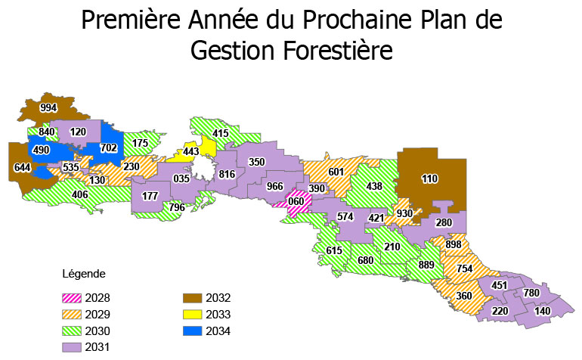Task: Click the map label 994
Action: pyautogui.click(x=48, y=109)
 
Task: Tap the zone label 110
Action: pyautogui.click(x=430, y=179)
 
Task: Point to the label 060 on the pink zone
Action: pyautogui.click(x=296, y=201)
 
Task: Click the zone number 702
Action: pyautogui.click(x=109, y=148)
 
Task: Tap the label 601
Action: pyautogui.click(x=336, y=172)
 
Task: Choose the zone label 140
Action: pyautogui.click(x=543, y=311)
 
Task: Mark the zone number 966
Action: pyautogui.click(x=274, y=187)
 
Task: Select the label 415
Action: pyautogui.click(x=221, y=134)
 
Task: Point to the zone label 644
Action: pyautogui.click(x=23, y=167)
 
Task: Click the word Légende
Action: pyautogui.click(x=84, y=273)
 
